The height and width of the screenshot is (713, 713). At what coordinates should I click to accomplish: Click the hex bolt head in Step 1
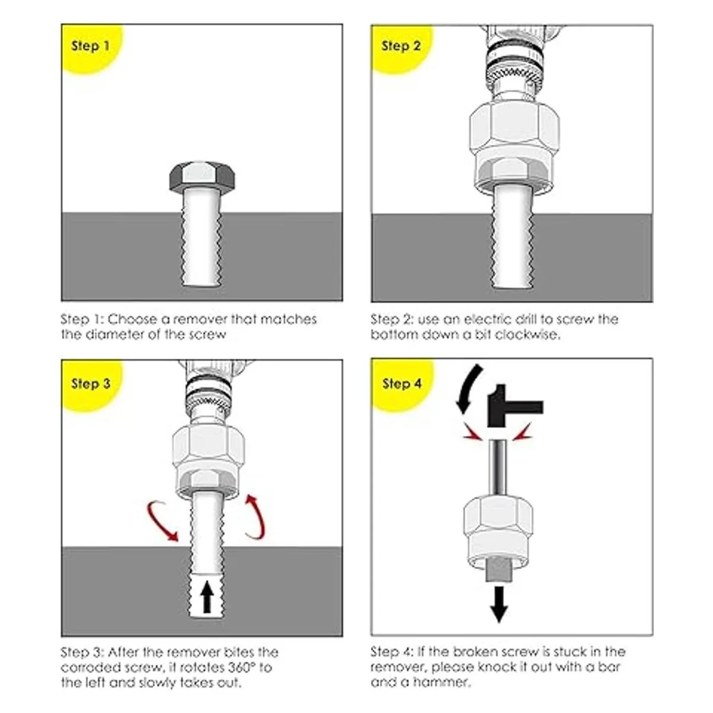[202, 176]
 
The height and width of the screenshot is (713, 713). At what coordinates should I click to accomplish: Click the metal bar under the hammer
[498, 466]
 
